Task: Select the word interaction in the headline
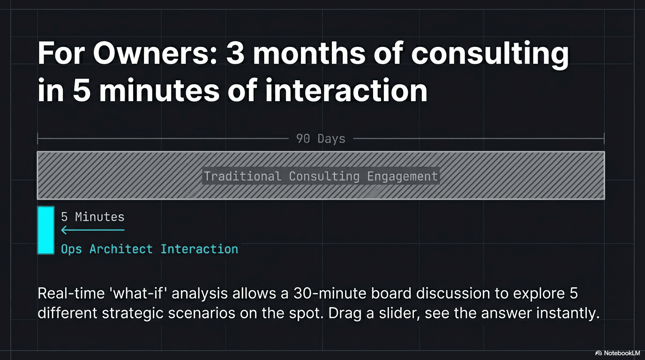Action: [x=346, y=91]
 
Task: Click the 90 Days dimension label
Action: [x=321, y=139]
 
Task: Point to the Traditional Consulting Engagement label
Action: [x=321, y=176]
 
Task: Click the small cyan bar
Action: [x=46, y=230]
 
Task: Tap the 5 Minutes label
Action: [x=93, y=217]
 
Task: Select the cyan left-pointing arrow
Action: [x=92, y=230]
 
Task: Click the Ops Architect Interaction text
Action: [x=149, y=249]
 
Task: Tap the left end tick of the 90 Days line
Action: [x=38, y=138]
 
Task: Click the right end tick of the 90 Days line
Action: [x=604, y=138]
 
